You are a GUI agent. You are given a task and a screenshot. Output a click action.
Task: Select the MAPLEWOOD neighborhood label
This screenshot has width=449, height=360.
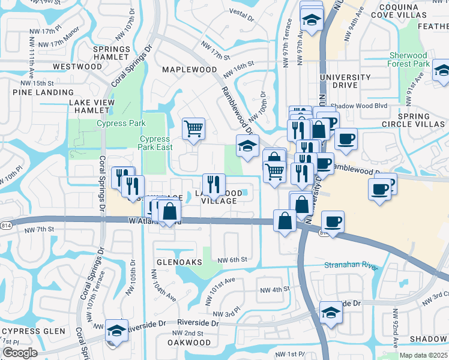190,70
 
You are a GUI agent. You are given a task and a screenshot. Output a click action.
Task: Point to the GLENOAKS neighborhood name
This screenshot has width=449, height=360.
175,263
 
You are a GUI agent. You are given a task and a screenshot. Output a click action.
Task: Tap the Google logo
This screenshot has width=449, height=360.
20,353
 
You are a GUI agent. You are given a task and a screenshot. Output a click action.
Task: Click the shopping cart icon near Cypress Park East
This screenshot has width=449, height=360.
194,128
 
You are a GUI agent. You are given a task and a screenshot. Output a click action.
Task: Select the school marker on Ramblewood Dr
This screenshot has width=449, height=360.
247,146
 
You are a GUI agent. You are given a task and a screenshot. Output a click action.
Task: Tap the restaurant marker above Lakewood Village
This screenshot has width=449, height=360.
214,184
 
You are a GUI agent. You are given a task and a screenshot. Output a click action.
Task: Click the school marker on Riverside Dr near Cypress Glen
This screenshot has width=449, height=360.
116,331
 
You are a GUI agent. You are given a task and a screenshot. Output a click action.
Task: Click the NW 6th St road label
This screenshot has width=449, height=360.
233,259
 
